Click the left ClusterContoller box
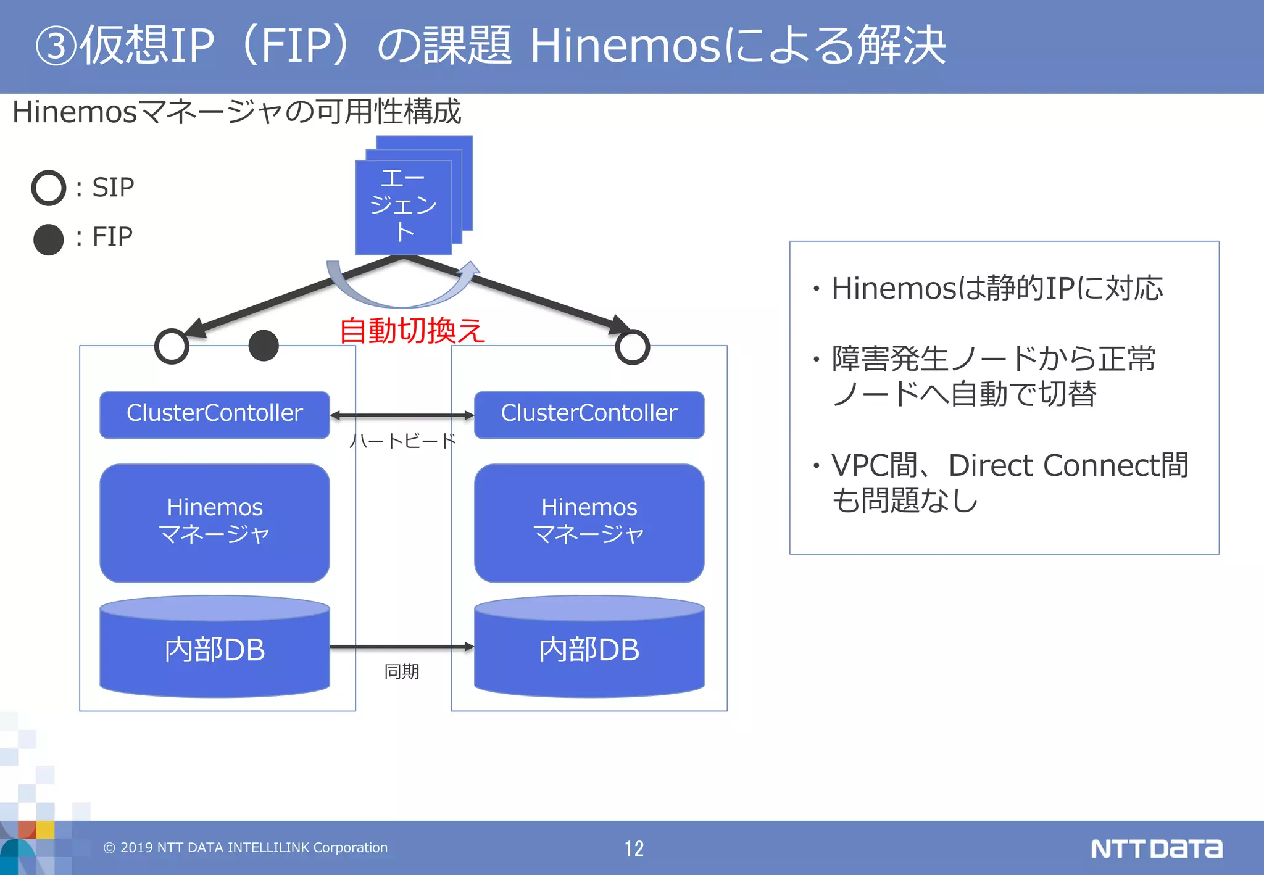point(214,414)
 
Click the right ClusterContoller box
point(589,414)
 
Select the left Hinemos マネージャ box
point(214,523)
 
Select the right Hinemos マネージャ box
point(589,523)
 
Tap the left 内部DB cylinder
point(214,649)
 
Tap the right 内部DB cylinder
point(589,649)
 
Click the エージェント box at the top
point(404,206)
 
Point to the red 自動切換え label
point(412,331)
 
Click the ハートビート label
point(402,441)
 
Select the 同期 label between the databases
point(402,671)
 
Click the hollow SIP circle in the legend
point(49,188)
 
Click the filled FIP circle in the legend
point(49,239)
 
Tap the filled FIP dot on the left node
point(264,346)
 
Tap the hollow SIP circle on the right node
point(633,347)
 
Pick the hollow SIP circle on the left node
point(172,346)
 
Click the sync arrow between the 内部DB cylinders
point(402,647)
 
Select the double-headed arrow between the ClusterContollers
point(402,415)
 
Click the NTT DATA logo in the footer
point(1156,848)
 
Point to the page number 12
point(634,848)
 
